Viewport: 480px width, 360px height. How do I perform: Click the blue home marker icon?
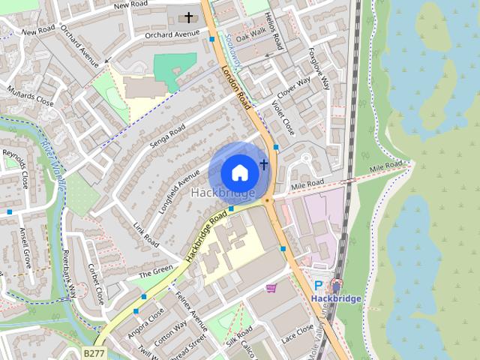tap(239, 172)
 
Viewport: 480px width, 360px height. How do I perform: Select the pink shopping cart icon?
tap(271, 288)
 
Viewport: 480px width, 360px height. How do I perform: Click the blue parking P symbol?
tap(319, 285)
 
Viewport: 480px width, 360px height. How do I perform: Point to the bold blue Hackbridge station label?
tap(336, 298)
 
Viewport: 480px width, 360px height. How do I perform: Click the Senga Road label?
tap(168, 136)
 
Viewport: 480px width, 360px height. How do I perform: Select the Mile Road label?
tap(307, 184)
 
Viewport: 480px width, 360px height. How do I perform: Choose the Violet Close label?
tap(282, 118)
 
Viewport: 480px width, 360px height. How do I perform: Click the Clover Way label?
tap(294, 88)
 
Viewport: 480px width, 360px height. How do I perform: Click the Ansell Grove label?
tap(26, 247)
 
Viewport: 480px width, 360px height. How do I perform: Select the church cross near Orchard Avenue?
tap(189, 16)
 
